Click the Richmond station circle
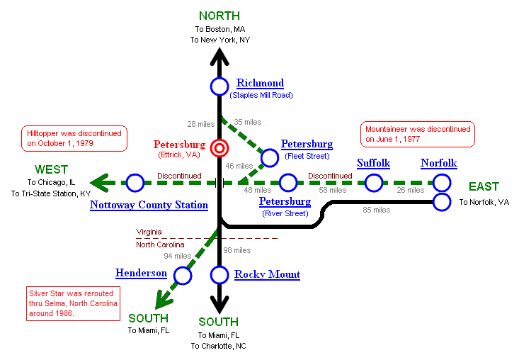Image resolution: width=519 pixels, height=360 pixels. (x=219, y=86)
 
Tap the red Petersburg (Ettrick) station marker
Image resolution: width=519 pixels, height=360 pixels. (x=219, y=149)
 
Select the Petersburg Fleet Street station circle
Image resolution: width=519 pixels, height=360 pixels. (x=270, y=157)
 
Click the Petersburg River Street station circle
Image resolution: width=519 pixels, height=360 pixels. (x=287, y=183)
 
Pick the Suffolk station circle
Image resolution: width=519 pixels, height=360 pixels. (x=373, y=183)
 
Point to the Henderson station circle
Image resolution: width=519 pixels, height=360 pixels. (x=183, y=275)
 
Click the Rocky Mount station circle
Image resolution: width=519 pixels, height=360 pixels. (x=219, y=275)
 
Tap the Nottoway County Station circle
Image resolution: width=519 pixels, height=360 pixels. (x=135, y=183)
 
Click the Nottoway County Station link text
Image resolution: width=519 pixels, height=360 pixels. (x=149, y=206)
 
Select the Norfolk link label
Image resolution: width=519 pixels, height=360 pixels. (x=438, y=164)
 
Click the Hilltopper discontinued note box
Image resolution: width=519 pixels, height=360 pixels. (x=74, y=138)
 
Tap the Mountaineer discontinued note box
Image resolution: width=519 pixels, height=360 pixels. (x=418, y=134)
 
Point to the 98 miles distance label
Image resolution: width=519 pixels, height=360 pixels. (x=237, y=250)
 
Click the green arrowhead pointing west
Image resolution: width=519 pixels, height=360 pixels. (x=101, y=184)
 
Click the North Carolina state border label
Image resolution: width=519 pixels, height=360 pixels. (x=164, y=245)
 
